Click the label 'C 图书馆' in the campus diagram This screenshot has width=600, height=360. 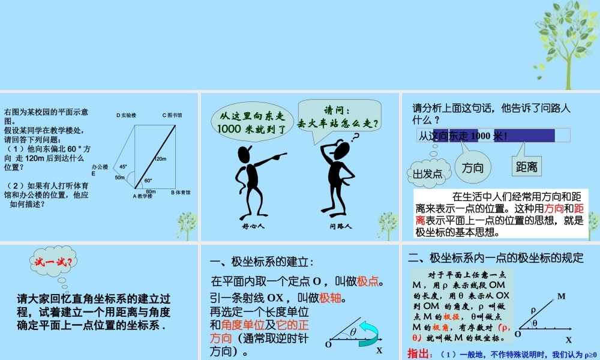(x=172, y=115)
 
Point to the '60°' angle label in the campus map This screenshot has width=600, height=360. (x=148, y=180)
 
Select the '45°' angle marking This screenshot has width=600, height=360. (x=123, y=167)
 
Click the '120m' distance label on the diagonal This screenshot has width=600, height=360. (x=160, y=159)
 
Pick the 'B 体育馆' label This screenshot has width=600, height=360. (x=180, y=193)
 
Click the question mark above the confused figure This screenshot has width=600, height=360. (x=355, y=137)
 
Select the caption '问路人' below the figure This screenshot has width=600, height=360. (x=340, y=227)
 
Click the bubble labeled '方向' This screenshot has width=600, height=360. (x=473, y=168)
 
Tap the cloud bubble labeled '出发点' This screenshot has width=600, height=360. (x=428, y=174)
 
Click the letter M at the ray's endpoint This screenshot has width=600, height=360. (x=561, y=296)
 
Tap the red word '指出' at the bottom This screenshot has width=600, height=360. (x=418, y=353)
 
